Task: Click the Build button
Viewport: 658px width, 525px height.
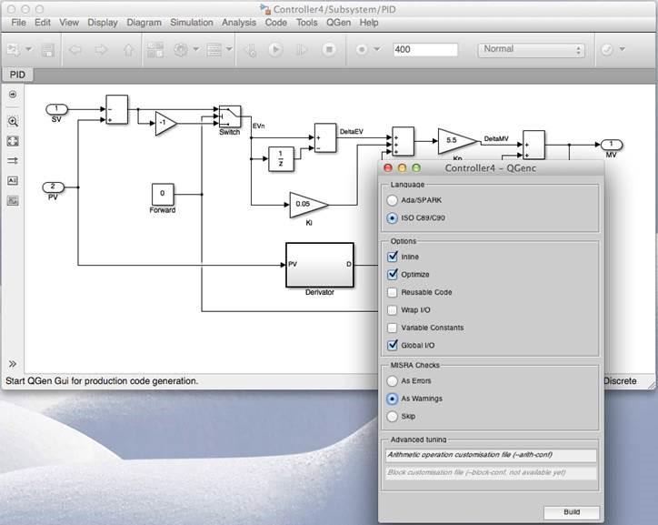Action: pyautogui.click(x=571, y=512)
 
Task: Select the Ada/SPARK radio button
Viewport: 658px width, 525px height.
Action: pyautogui.click(x=393, y=200)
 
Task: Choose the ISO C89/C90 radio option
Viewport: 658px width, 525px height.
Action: pyautogui.click(x=393, y=218)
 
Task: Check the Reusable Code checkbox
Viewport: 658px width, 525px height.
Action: pyautogui.click(x=393, y=292)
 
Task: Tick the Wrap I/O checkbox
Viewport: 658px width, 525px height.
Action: pyautogui.click(x=393, y=310)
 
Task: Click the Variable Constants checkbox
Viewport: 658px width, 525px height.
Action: pyautogui.click(x=393, y=328)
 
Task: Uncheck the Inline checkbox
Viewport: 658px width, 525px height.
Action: pyautogui.click(x=393, y=257)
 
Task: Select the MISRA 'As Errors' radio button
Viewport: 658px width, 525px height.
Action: pyautogui.click(x=393, y=380)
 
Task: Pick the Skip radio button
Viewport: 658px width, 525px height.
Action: pyautogui.click(x=393, y=416)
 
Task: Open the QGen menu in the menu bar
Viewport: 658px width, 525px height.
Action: pyautogui.click(x=338, y=22)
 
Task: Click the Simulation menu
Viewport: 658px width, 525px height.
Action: pyautogui.click(x=191, y=22)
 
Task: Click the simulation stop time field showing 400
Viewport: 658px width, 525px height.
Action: pyautogui.click(x=428, y=50)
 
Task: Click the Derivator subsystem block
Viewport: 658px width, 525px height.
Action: pyautogui.click(x=319, y=264)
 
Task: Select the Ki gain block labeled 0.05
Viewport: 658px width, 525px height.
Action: pyautogui.click(x=306, y=204)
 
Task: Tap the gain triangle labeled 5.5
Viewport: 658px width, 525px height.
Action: pyautogui.click(x=455, y=140)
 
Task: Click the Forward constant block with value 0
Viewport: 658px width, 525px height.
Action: pyautogui.click(x=163, y=193)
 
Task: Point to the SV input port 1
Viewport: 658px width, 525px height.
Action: pyautogui.click(x=57, y=110)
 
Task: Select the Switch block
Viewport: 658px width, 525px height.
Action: pyautogui.click(x=230, y=116)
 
